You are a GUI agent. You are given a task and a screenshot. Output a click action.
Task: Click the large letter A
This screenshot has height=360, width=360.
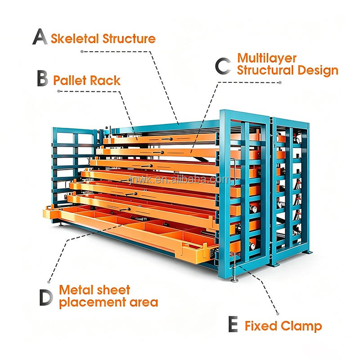(40, 36)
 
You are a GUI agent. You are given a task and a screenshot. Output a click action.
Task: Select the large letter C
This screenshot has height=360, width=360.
(223, 66)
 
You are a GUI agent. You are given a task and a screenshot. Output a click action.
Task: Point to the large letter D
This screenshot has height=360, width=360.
(46, 297)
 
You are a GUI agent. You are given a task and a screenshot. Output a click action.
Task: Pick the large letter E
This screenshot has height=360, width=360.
(233, 324)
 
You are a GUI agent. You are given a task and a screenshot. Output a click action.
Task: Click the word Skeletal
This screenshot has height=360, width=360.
(75, 39)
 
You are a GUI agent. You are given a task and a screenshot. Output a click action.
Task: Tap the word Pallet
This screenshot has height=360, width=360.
(70, 81)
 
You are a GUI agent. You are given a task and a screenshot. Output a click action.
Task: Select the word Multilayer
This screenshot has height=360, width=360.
(267, 58)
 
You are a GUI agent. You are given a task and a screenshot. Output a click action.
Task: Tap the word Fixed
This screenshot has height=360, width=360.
(261, 326)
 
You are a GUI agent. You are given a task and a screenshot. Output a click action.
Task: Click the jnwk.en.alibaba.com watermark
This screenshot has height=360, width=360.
(179, 180)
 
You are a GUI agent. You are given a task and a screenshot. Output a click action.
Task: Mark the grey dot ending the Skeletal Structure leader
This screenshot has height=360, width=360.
(82, 52)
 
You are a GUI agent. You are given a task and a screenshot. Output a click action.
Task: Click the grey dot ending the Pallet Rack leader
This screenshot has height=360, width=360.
(59, 91)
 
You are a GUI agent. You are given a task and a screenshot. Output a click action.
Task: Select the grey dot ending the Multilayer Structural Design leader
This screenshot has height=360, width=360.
(280, 82)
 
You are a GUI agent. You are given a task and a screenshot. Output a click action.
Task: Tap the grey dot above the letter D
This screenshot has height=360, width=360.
(49, 282)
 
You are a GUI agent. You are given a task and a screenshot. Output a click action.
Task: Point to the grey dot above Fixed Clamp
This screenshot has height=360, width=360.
(278, 314)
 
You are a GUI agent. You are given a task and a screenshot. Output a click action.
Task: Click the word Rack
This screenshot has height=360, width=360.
(105, 81)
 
